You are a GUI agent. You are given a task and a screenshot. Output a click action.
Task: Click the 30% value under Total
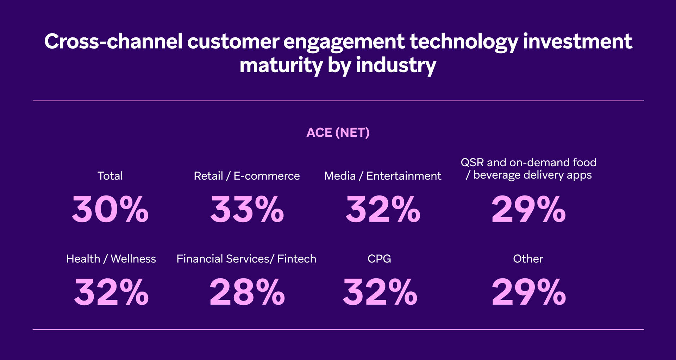pyautogui.click(x=110, y=210)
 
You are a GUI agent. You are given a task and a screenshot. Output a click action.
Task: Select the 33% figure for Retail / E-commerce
pyautogui.click(x=247, y=210)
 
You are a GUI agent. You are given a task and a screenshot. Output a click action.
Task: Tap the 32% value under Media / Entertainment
pyautogui.click(x=383, y=210)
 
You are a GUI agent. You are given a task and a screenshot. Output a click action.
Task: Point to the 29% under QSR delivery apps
pyautogui.click(x=528, y=210)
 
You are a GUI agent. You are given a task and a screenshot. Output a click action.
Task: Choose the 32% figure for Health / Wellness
pyautogui.click(x=111, y=292)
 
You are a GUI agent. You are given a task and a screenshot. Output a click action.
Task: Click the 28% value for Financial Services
pyautogui.click(x=247, y=292)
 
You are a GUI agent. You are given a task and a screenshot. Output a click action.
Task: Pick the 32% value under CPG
pyautogui.click(x=380, y=292)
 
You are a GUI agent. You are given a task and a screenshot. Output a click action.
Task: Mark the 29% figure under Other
pyautogui.click(x=528, y=292)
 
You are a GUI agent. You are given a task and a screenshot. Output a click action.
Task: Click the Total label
pyautogui.click(x=110, y=176)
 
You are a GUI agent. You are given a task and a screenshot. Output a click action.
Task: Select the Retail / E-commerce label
pyautogui.click(x=246, y=176)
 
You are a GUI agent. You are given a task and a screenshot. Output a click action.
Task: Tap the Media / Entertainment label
pyautogui.click(x=382, y=176)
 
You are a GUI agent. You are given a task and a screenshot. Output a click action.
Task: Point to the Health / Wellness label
pyautogui.click(x=111, y=259)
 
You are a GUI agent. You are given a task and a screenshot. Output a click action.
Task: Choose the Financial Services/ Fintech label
pyautogui.click(x=246, y=259)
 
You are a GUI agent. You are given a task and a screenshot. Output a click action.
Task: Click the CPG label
pyautogui.click(x=379, y=259)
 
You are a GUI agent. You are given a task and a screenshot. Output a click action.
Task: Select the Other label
pyautogui.click(x=528, y=259)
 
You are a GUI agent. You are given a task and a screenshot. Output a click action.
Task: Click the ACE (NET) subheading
pyautogui.click(x=338, y=133)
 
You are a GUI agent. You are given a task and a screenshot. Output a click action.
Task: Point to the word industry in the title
pyautogui.click(x=396, y=66)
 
